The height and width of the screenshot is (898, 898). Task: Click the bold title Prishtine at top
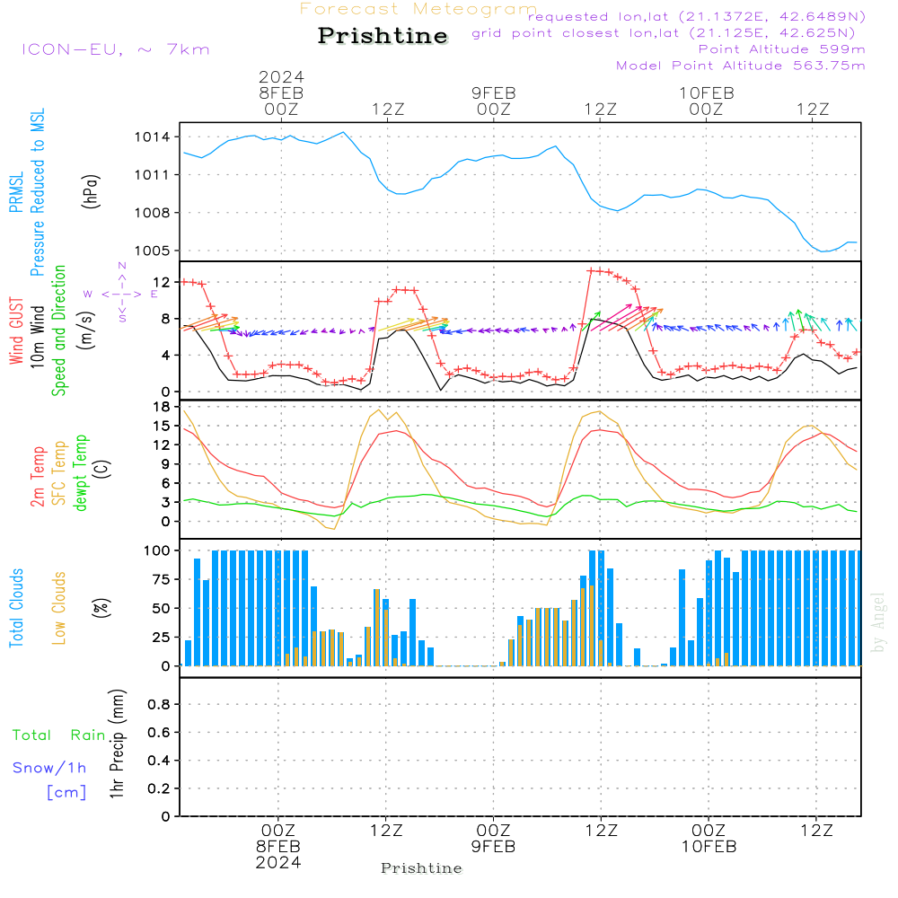click(x=383, y=36)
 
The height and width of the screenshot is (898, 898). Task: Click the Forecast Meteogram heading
click(x=418, y=9)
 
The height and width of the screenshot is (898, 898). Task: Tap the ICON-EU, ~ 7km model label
click(x=115, y=49)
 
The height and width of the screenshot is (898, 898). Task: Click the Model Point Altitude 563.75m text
click(x=741, y=66)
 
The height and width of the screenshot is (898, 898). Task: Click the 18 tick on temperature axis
click(x=162, y=407)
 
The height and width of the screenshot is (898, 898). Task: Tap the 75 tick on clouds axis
click(x=158, y=579)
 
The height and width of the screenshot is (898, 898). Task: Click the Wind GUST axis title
click(x=16, y=332)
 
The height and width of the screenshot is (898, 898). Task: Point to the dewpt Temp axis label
click(x=81, y=473)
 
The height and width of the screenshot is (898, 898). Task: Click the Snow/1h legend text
click(x=50, y=768)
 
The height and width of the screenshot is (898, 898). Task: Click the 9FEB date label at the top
click(x=494, y=92)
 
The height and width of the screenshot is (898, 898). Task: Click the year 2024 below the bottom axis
click(x=278, y=863)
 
